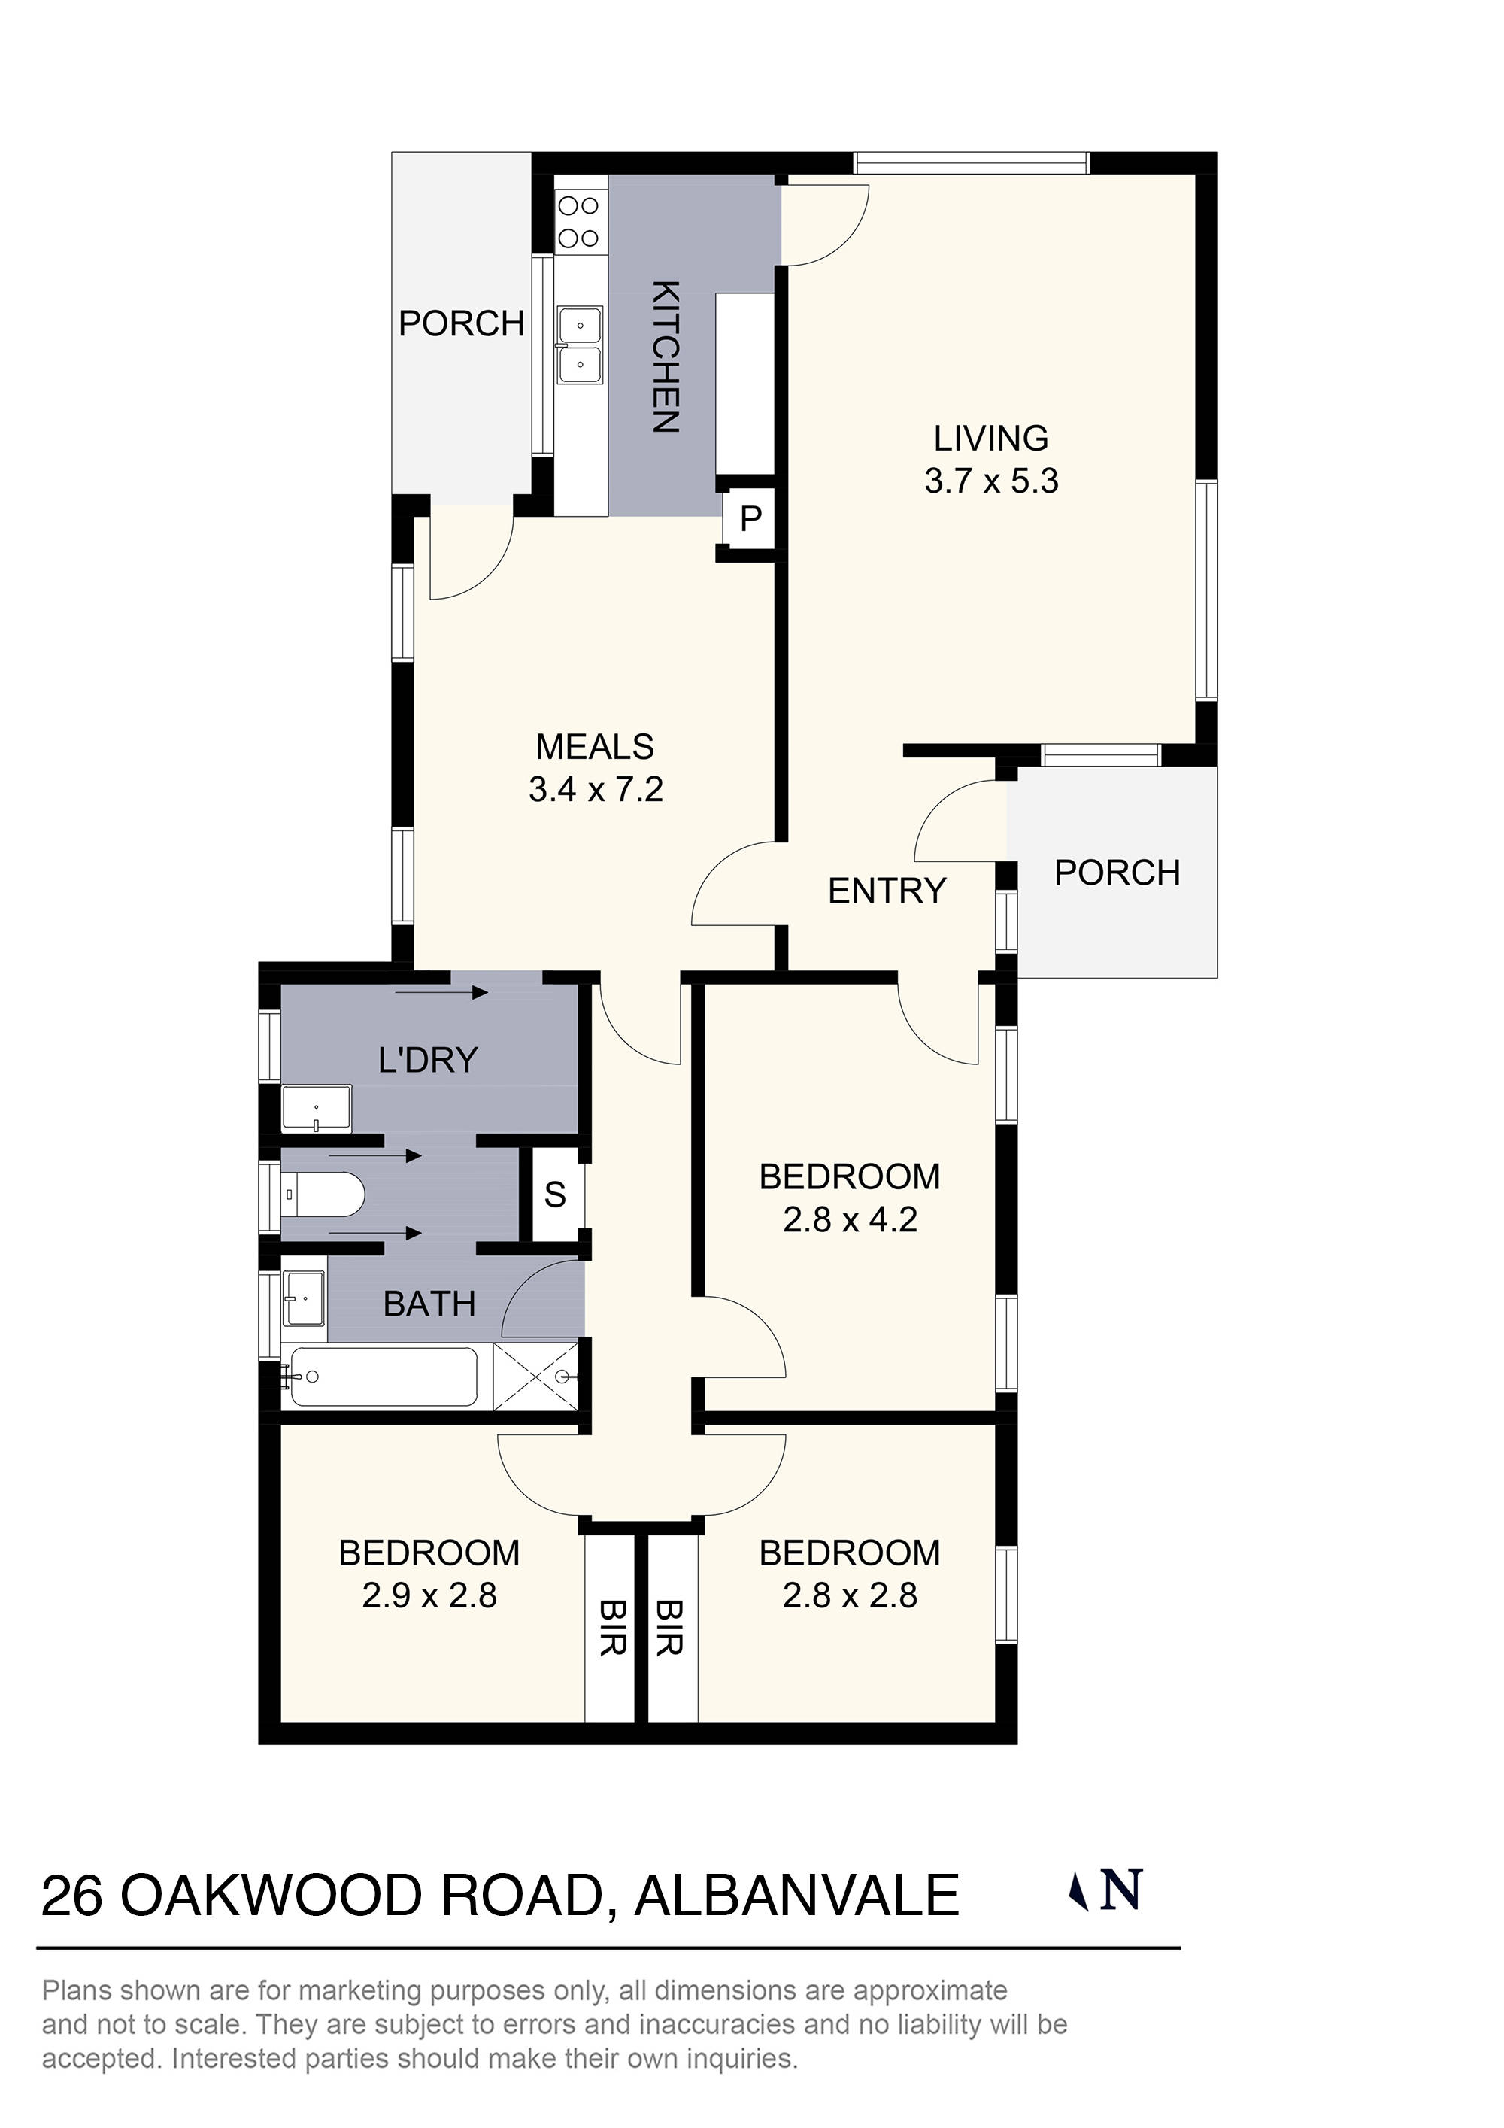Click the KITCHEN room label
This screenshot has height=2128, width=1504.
(x=666, y=357)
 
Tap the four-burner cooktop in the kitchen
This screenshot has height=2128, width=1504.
(x=579, y=221)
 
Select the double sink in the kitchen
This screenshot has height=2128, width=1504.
(x=580, y=346)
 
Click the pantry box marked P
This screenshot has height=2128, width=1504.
(x=750, y=518)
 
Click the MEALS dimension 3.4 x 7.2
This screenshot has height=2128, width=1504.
(x=596, y=790)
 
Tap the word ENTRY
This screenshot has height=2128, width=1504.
(x=887, y=891)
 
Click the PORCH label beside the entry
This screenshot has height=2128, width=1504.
(x=1117, y=873)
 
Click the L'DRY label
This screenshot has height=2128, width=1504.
(x=428, y=1059)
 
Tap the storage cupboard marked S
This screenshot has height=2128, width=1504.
(x=555, y=1195)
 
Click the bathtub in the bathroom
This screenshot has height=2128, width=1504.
(x=382, y=1377)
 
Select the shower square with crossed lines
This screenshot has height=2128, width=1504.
(x=535, y=1377)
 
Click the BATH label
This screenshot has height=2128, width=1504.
(x=429, y=1304)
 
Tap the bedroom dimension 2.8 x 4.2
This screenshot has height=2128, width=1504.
(x=850, y=1220)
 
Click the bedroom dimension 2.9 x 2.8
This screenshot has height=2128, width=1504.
(x=429, y=1596)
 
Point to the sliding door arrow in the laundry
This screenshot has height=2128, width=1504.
(x=441, y=994)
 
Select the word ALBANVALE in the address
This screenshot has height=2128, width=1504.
(x=796, y=1896)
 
